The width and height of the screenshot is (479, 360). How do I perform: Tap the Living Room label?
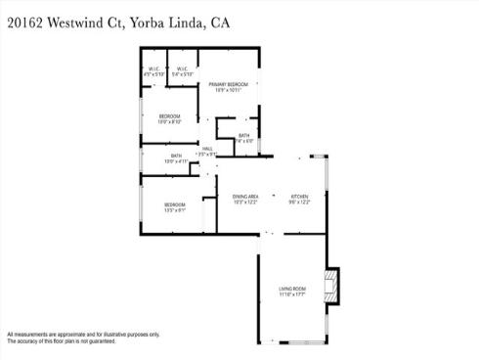coord(292,288)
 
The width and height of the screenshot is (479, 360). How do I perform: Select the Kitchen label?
coord(299,196)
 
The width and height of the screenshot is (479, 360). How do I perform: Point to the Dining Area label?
coord(245,196)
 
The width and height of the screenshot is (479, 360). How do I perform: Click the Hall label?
coord(207,149)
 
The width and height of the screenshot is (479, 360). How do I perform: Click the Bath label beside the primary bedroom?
coord(243,135)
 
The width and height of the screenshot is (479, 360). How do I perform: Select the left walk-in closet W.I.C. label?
coord(153,68)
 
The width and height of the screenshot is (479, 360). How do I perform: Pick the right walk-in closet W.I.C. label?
coord(182,68)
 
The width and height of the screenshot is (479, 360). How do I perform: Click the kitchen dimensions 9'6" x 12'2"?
coord(299,202)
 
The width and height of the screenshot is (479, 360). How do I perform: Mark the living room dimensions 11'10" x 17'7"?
coord(292,294)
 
